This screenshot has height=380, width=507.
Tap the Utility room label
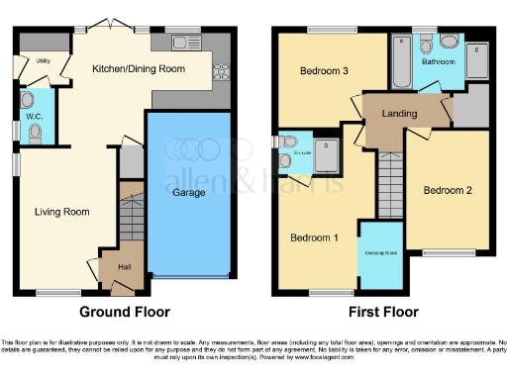[x=44, y=61]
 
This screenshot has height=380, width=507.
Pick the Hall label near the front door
[x=125, y=267]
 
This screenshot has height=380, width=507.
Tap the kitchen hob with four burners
[x=220, y=72]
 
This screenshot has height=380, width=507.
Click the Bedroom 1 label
[x=314, y=237]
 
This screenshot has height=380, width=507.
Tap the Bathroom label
[x=438, y=61]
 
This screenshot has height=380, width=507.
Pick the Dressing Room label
[x=379, y=253]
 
